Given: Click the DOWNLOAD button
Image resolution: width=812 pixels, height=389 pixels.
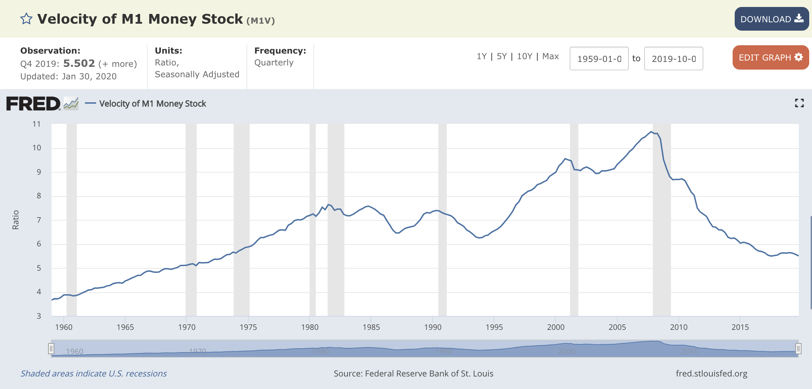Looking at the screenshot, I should pos(771,19).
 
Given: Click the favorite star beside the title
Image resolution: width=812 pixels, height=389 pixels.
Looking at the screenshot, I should pos(26,19).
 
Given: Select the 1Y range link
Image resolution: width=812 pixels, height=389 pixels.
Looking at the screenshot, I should pos(482,56).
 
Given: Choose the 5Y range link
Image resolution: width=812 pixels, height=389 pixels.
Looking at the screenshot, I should pos(501,56).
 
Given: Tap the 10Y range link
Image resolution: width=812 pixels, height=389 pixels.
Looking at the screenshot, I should pos(524,56).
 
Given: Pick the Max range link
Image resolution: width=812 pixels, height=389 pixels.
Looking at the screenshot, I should pos(551,56).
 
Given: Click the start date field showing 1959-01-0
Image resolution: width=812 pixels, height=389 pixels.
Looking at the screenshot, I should pos(599,59).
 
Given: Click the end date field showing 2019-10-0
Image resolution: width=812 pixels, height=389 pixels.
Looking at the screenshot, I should pos(673,59).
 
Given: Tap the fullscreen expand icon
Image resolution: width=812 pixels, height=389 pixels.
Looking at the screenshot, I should pos(799,103).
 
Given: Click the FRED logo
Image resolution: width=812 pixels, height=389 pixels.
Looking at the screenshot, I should pos(33,104).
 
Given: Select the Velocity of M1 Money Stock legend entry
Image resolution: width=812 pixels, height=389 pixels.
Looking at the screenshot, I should pos(153,104).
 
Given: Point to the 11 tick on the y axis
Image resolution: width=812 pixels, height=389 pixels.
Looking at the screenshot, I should pos(37,124).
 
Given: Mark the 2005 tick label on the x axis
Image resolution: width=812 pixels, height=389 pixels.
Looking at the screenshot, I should pos(617,327).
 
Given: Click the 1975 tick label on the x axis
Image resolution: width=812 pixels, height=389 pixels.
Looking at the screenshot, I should pos(248,327).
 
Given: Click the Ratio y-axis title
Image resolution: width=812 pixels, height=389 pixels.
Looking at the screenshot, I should pos(16,220).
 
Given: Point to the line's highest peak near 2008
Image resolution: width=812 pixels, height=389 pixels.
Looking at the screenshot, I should pos(651,132).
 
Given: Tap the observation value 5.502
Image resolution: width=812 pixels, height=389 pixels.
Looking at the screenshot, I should pos(79,63).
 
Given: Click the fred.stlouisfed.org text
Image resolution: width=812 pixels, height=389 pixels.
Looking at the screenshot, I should pos(711,373).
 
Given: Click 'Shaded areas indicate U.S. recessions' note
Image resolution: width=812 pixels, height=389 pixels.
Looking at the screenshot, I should pos(94,373).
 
